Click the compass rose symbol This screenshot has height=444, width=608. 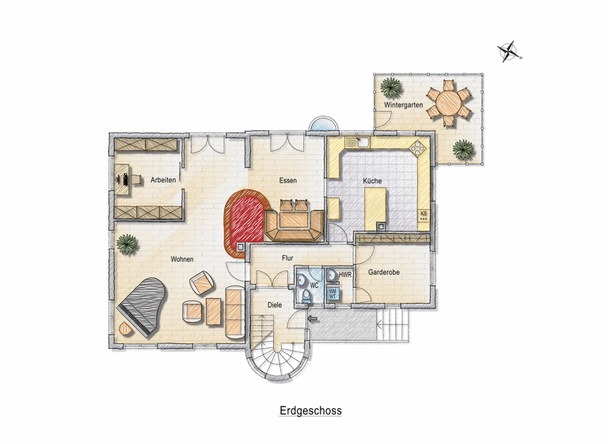(508, 52)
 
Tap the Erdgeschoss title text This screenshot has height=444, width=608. (310, 411)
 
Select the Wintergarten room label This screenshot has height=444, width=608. (403, 105)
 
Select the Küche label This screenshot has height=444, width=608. (372, 181)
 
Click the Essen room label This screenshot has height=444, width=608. (288, 181)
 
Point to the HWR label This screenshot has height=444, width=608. (344, 274)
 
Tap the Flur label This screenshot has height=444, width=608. (287, 258)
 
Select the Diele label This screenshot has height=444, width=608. (275, 304)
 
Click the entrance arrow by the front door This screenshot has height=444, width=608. (313, 320)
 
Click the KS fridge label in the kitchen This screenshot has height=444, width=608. (424, 213)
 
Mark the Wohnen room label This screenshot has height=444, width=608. (182, 258)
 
